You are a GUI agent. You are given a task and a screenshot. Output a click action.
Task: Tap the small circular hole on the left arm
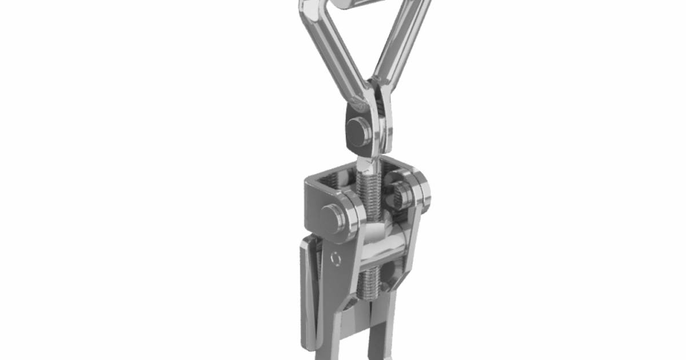(336, 259)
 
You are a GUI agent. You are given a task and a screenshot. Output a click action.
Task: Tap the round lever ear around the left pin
(348, 214)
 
